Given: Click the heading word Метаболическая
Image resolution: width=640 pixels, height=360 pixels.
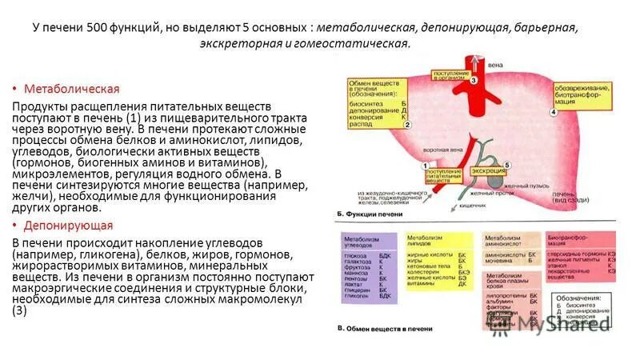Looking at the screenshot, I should (71, 88).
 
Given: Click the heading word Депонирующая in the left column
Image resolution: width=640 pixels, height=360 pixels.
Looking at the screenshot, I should (68, 226).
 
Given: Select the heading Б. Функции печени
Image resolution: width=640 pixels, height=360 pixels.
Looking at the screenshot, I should (368, 214).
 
